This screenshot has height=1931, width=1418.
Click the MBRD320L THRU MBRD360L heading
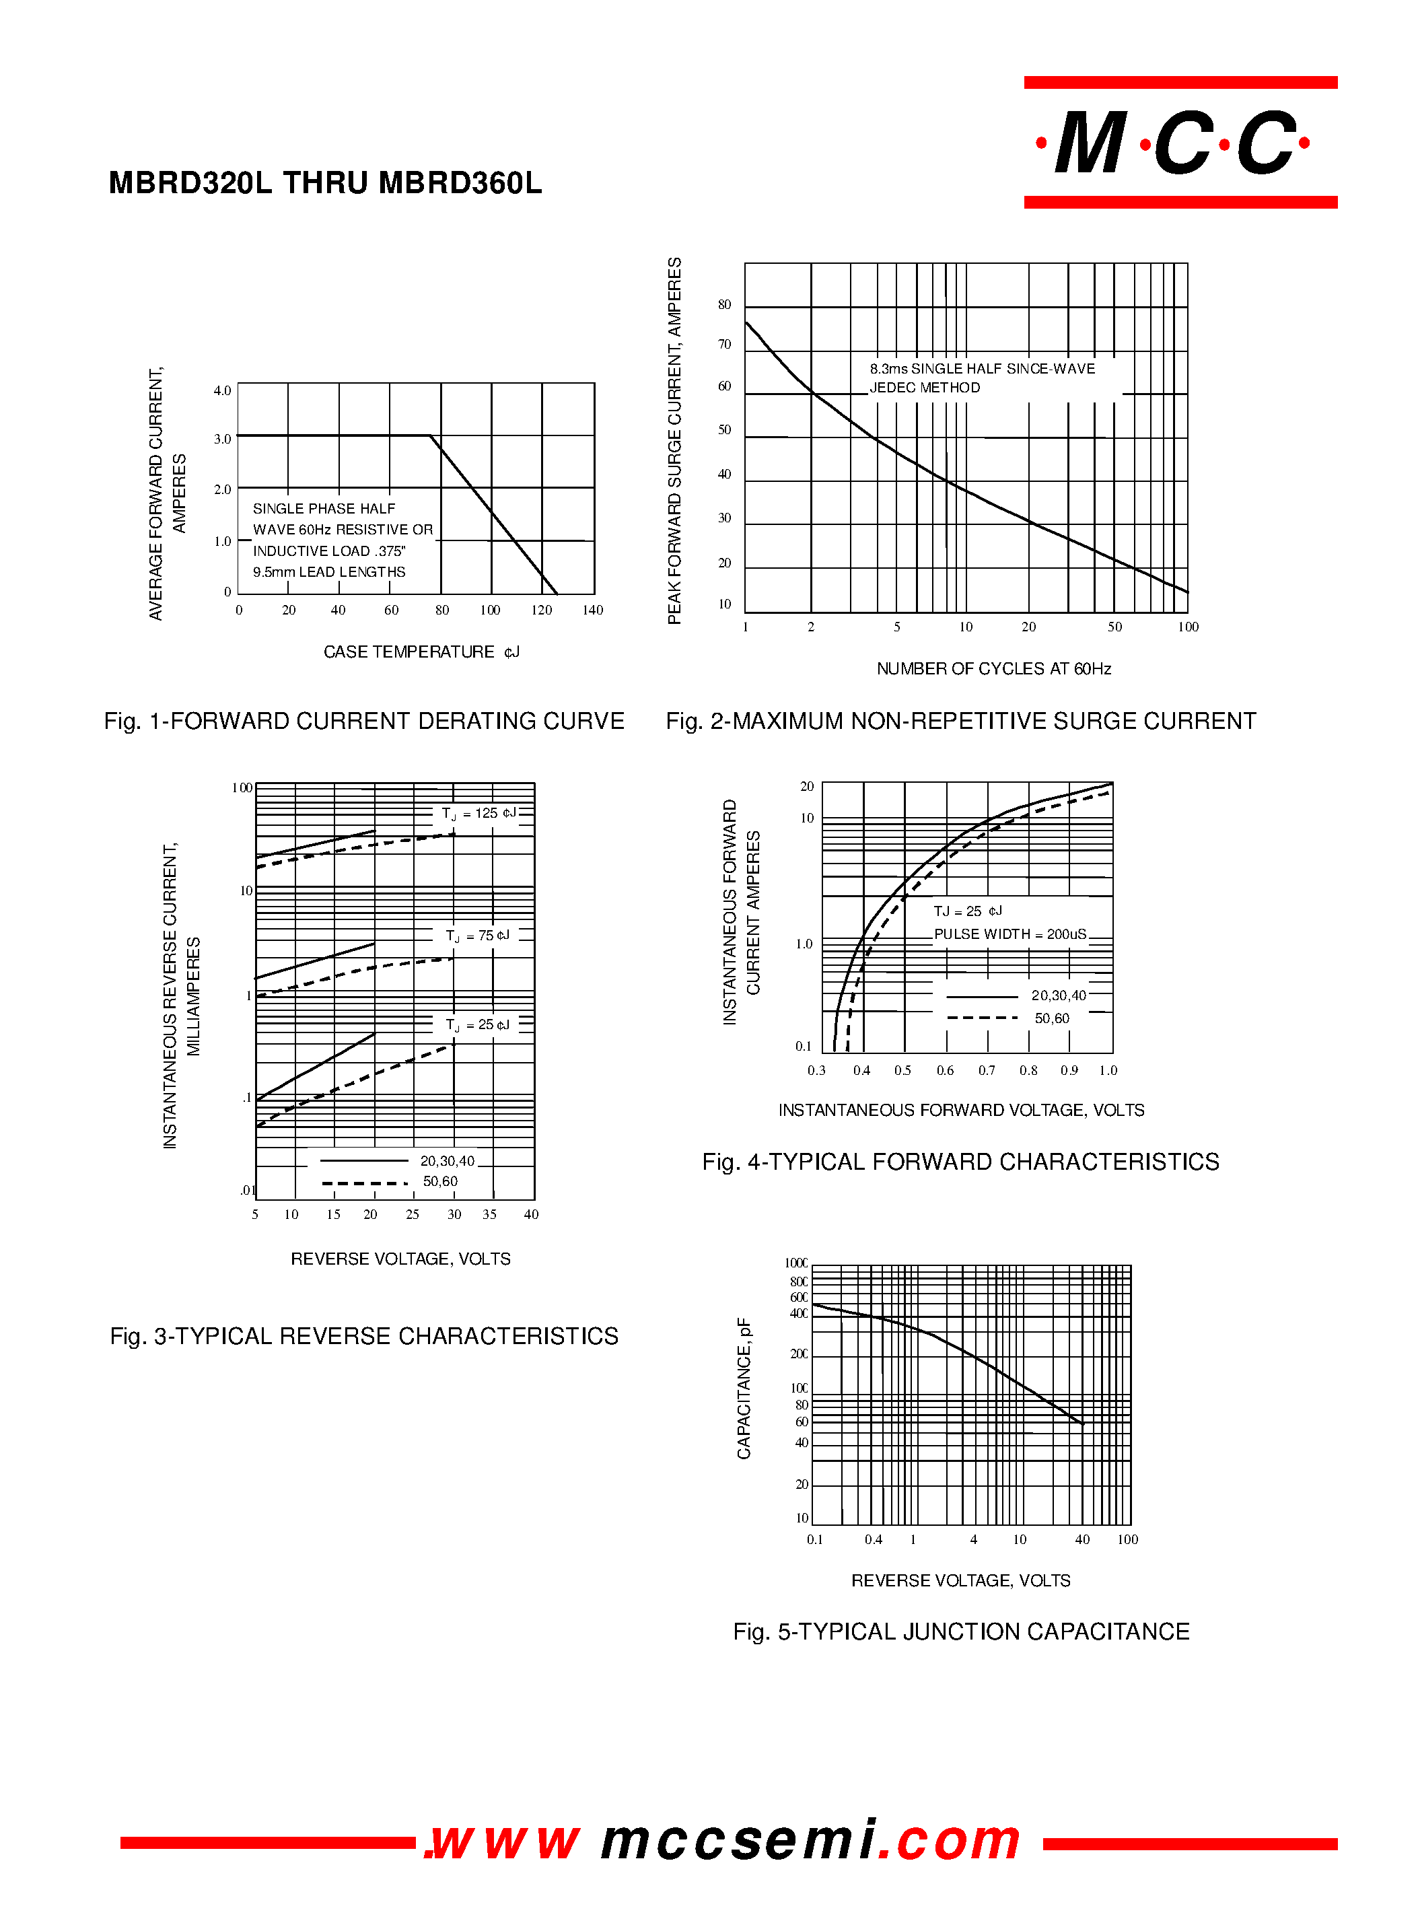(x=325, y=184)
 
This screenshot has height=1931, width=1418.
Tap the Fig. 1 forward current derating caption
(x=364, y=721)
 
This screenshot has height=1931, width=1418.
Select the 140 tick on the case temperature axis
(x=592, y=610)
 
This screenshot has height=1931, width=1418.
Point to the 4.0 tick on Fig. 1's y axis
(x=222, y=391)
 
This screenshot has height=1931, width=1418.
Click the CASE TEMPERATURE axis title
(x=421, y=652)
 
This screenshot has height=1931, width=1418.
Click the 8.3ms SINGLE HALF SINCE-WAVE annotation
(x=982, y=369)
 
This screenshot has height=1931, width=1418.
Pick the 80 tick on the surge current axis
(x=724, y=305)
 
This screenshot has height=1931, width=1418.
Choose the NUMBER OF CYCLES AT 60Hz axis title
(x=993, y=668)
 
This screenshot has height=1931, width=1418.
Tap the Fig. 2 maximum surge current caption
(x=960, y=721)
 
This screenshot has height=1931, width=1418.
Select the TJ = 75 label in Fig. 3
(x=477, y=936)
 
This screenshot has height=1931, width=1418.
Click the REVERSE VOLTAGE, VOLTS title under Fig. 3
(x=400, y=1259)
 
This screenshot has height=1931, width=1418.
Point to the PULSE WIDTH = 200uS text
(x=1009, y=934)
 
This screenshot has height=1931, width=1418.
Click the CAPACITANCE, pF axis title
(x=744, y=1388)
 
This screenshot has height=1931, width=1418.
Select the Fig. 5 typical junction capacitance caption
(x=960, y=1631)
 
